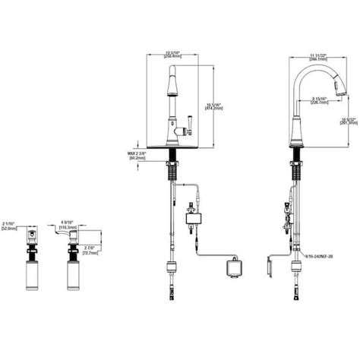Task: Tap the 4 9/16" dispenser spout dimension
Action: click(67, 226)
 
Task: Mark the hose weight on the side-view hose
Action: click(293, 268)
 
